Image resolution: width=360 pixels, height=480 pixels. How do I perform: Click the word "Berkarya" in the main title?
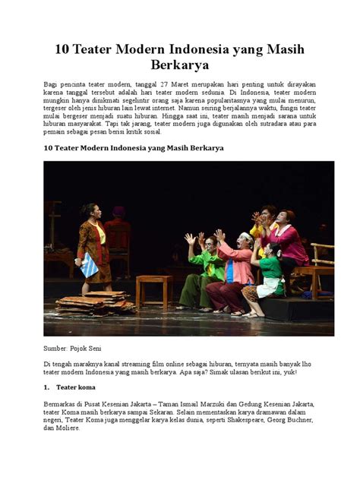(180, 66)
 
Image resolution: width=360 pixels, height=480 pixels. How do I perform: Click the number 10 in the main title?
(62, 49)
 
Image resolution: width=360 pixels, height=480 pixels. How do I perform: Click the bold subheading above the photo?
(134, 148)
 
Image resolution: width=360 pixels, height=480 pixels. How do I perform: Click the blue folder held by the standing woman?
(90, 265)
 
